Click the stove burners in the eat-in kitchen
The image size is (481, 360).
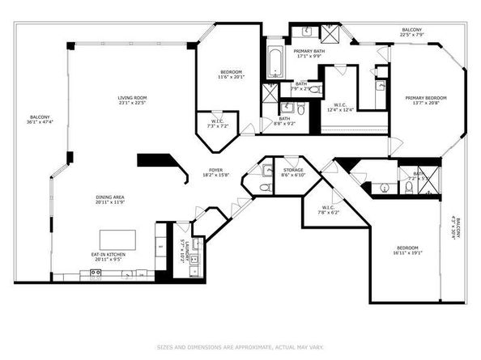96,273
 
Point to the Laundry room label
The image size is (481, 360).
187,251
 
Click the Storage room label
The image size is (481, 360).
292,172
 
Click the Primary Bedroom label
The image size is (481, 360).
426,100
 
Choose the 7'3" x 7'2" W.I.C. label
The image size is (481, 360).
219,124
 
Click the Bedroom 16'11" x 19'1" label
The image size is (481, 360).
408,250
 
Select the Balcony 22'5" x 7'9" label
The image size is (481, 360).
411,32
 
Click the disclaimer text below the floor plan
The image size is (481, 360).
240,344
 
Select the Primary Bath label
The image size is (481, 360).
309,53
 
